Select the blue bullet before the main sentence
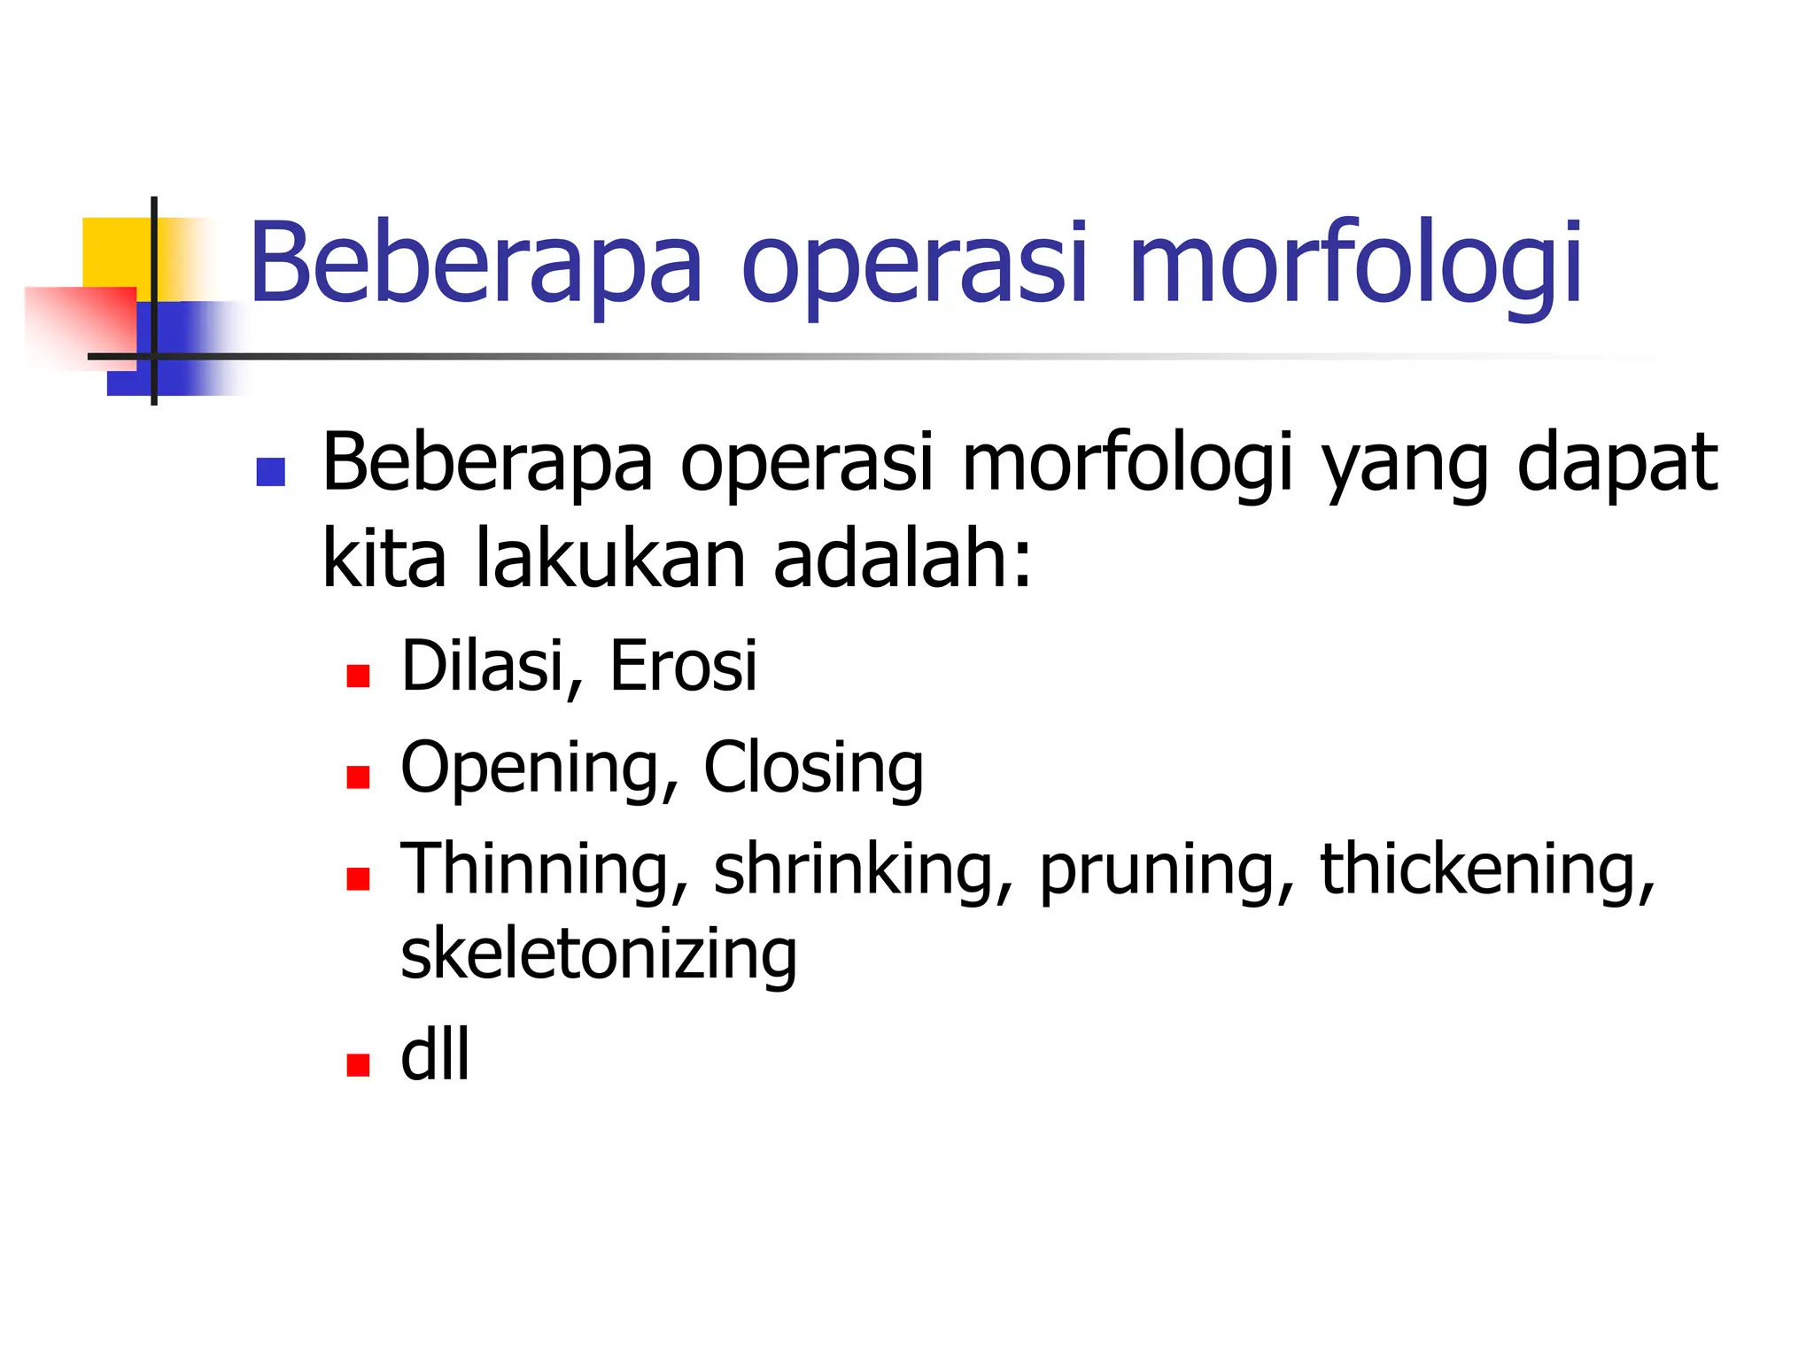[270, 472]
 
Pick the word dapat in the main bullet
[1617, 465]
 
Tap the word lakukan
[611, 560]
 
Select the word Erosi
[683, 666]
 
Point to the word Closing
[813, 767]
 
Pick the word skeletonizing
[599, 954]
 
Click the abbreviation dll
[435, 1055]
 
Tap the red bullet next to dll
[358, 1064]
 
